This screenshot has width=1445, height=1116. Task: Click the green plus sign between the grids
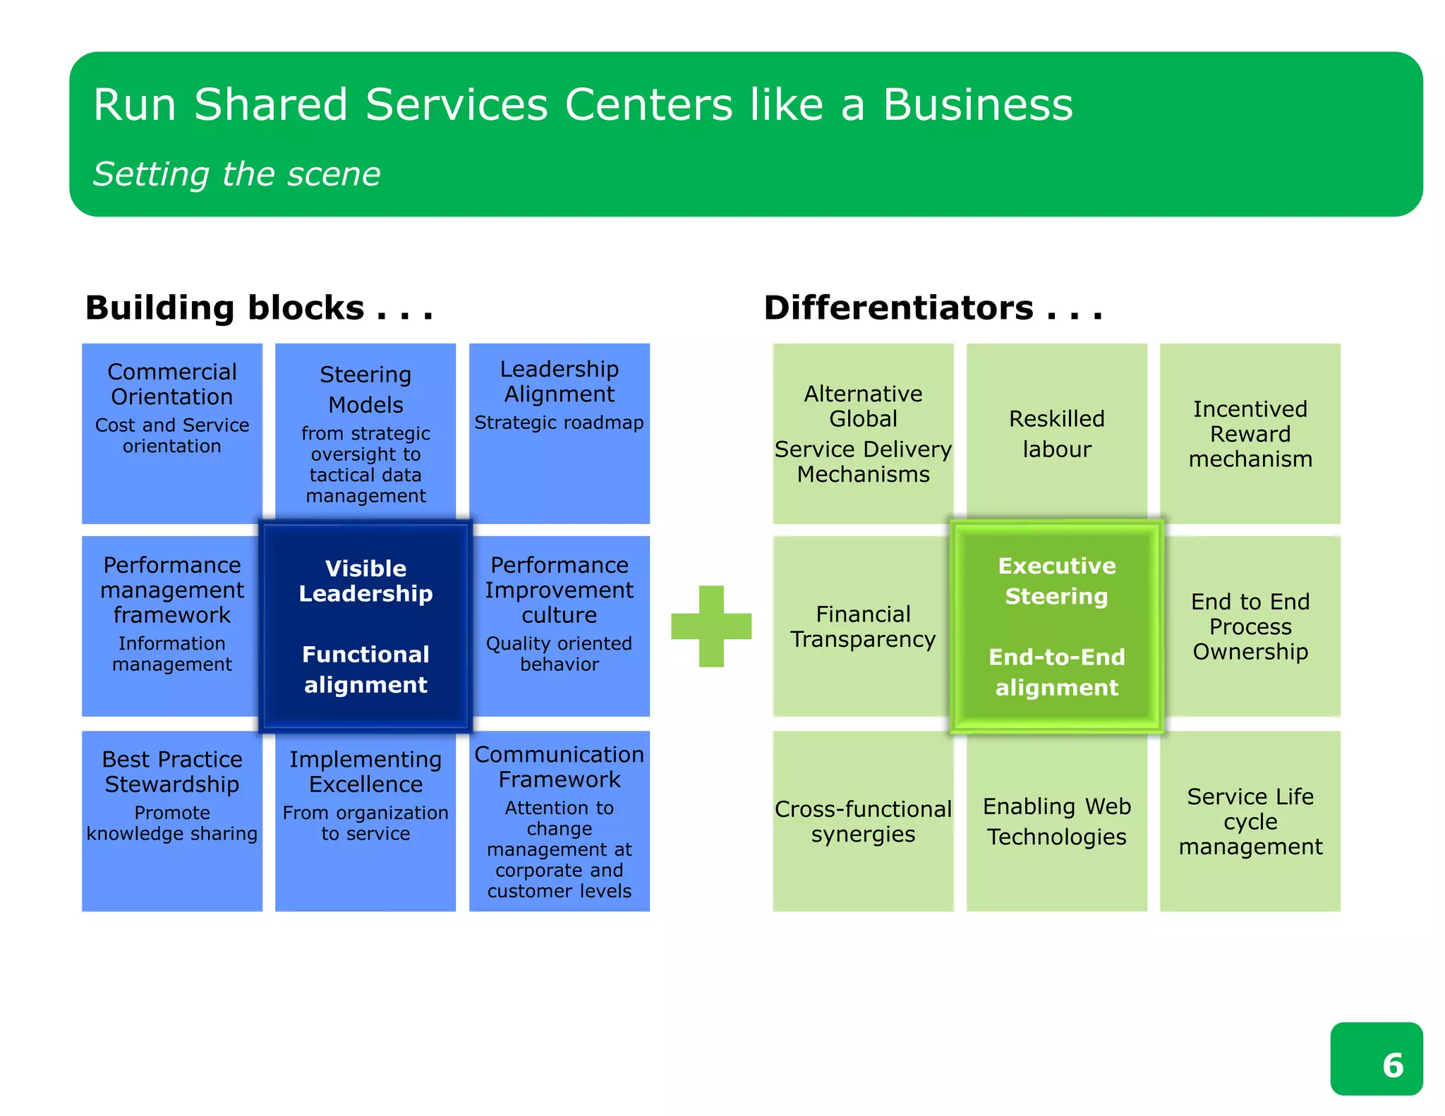click(x=711, y=626)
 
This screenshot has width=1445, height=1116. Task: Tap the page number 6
click(x=1392, y=1065)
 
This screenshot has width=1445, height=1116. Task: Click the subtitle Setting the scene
click(x=237, y=174)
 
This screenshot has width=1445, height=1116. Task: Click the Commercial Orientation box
click(x=172, y=432)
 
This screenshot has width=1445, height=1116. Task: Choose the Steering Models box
click(x=365, y=432)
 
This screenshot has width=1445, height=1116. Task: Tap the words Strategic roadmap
click(x=559, y=423)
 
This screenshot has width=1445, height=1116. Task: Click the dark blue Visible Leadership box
click(x=365, y=626)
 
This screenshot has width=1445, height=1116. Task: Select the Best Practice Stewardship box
click(x=172, y=820)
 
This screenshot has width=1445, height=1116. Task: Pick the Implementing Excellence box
click(x=365, y=820)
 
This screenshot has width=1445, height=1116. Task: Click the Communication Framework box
click(x=559, y=820)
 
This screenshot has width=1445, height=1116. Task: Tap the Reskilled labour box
click(x=1056, y=432)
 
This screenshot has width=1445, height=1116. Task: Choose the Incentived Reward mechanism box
click(x=1250, y=432)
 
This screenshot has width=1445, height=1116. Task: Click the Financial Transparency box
click(x=862, y=626)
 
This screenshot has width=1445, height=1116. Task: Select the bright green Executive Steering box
click(x=1056, y=626)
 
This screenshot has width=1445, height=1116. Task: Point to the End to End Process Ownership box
click(x=1250, y=626)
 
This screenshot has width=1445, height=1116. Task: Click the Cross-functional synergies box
click(x=862, y=820)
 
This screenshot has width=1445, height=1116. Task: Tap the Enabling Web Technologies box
click(x=1056, y=820)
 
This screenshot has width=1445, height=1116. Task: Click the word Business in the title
click(x=978, y=105)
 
